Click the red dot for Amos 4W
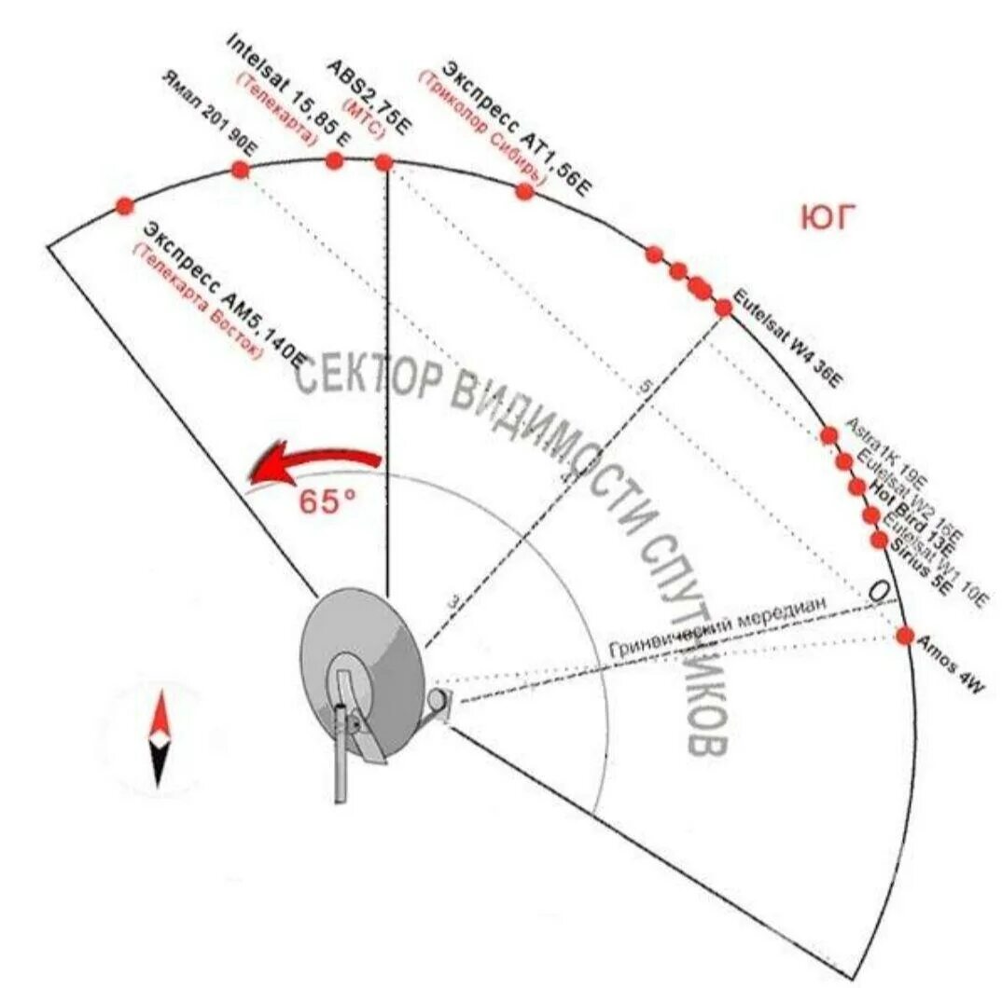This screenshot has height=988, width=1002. (904, 636)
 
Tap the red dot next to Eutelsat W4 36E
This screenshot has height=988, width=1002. (723, 307)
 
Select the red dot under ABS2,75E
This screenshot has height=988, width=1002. (383, 163)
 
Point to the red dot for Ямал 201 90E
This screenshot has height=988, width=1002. (240, 170)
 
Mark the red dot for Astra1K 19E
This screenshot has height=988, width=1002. (828, 434)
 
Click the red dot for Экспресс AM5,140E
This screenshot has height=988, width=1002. (124, 205)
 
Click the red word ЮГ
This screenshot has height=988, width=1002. (828, 218)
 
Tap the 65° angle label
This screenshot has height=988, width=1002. (327, 501)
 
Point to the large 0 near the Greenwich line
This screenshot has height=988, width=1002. (878, 591)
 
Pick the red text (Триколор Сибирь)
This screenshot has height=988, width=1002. (480, 126)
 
